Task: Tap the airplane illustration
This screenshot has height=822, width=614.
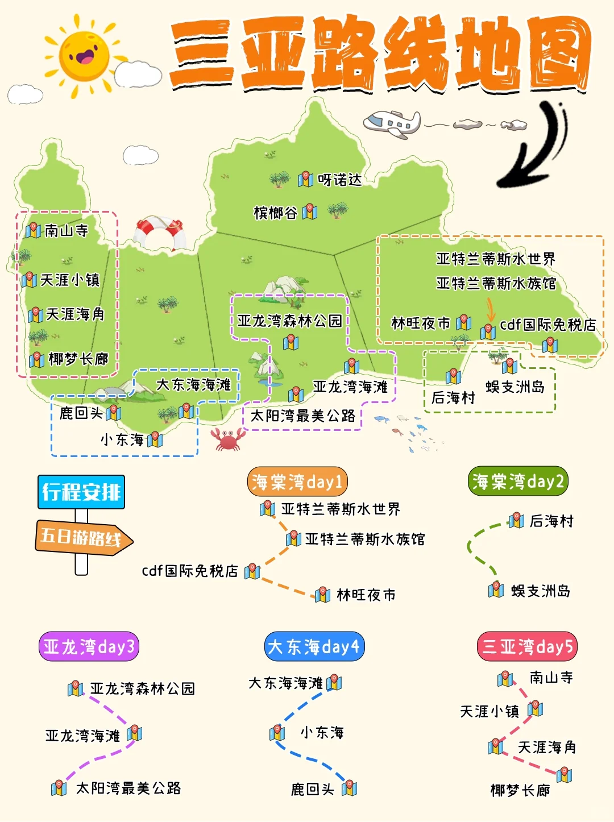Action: pyautogui.click(x=392, y=123)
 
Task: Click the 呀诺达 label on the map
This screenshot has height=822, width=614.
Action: pyautogui.click(x=339, y=180)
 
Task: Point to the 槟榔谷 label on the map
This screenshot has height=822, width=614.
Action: pyautogui.click(x=276, y=213)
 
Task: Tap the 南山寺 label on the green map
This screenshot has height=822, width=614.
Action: pyautogui.click(x=67, y=230)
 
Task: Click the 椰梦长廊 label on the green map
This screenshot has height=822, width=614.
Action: pyautogui.click(x=78, y=359)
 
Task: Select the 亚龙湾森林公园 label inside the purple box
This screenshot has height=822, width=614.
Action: pyautogui.click(x=289, y=321)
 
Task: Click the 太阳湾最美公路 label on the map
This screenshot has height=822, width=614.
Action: pyautogui.click(x=302, y=416)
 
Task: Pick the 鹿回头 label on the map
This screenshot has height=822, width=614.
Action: pyautogui.click(x=81, y=413)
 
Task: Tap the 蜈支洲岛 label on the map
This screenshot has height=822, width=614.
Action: pyautogui.click(x=515, y=387)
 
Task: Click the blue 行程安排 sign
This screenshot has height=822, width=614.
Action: pyautogui.click(x=81, y=492)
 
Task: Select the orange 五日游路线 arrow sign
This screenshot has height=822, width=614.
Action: pyautogui.click(x=83, y=537)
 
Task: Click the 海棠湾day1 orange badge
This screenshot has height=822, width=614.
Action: pyautogui.click(x=297, y=482)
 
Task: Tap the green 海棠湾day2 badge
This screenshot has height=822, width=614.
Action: pyautogui.click(x=518, y=481)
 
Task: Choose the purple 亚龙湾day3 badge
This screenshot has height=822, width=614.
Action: pyautogui.click(x=89, y=646)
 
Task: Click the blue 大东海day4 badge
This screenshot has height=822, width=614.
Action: pyautogui.click(x=314, y=646)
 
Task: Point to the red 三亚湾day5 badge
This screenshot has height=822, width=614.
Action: pyautogui.click(x=527, y=646)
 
